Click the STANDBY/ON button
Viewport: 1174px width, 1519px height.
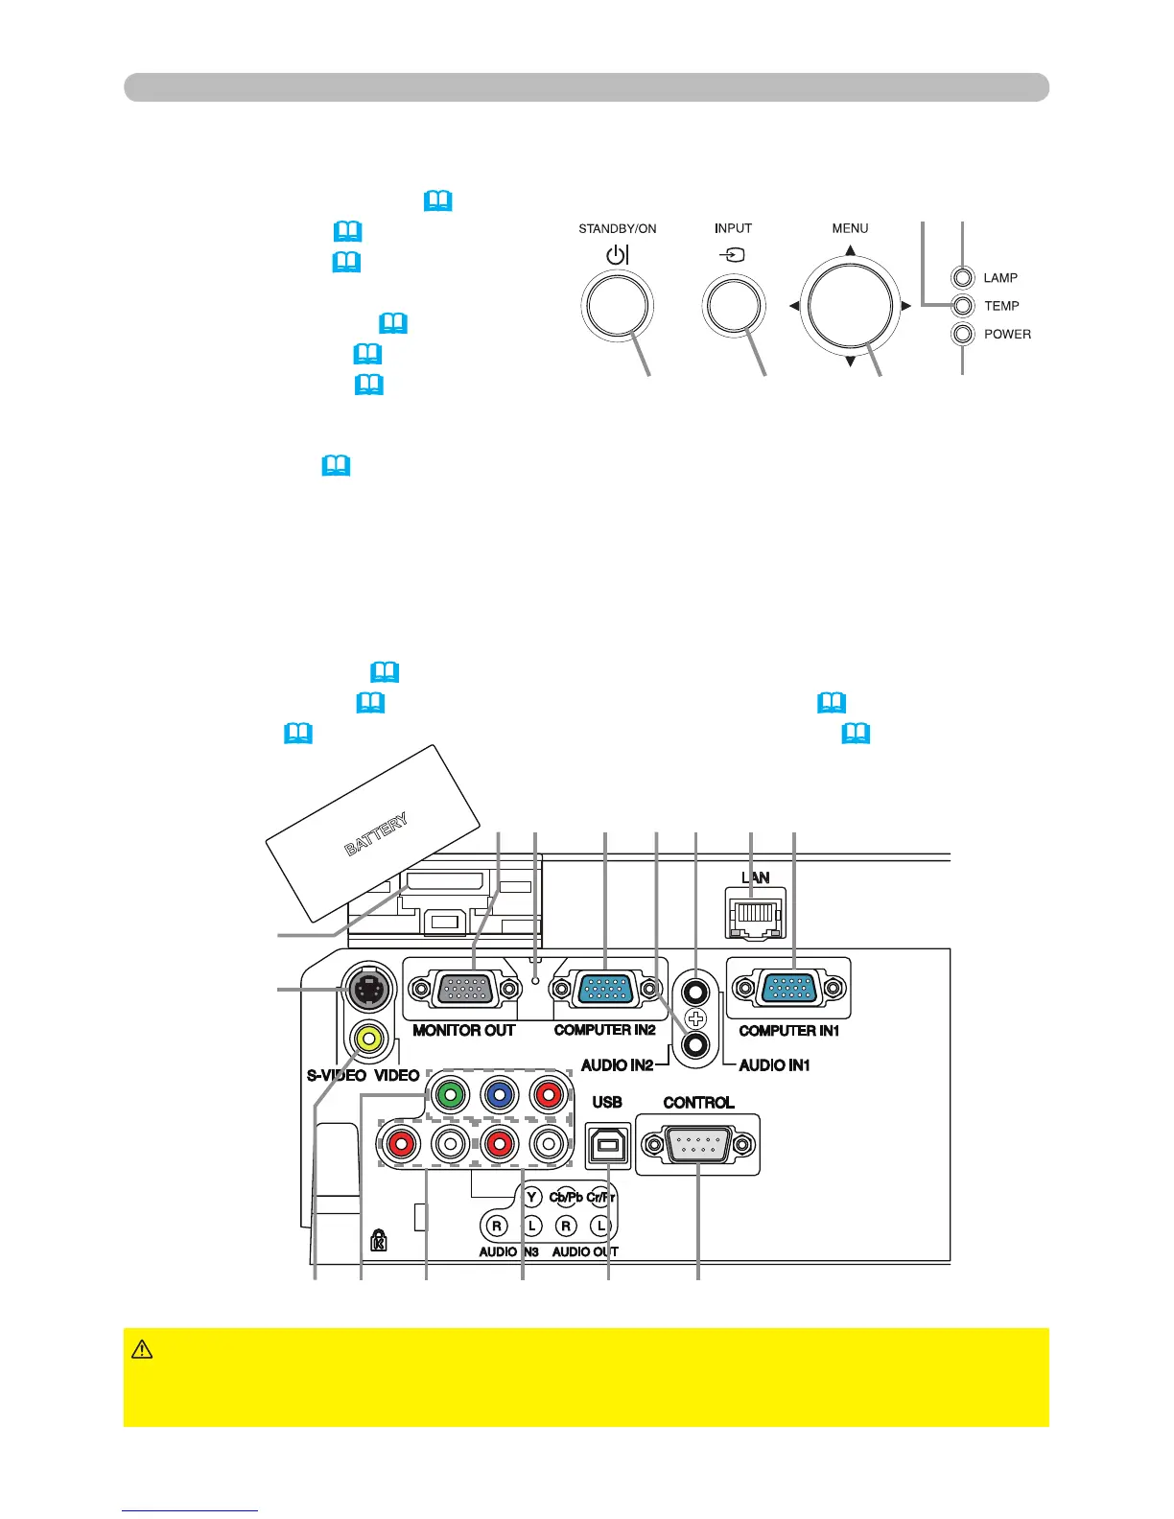click(x=618, y=307)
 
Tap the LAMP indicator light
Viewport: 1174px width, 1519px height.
click(x=963, y=278)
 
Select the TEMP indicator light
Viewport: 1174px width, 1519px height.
click(x=963, y=306)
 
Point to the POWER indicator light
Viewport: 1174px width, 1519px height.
click(x=963, y=334)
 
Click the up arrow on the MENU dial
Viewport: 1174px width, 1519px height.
click(x=850, y=251)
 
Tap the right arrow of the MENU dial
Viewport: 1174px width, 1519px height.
click(x=906, y=307)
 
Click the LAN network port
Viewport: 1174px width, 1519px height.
click(x=756, y=911)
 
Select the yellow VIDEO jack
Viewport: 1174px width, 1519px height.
click(x=368, y=1038)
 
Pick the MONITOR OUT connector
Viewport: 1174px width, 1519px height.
click(x=465, y=988)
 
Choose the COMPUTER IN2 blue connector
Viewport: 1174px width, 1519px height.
click(x=604, y=988)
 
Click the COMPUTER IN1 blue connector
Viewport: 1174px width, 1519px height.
click(x=788, y=988)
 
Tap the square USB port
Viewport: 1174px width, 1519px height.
click(x=608, y=1144)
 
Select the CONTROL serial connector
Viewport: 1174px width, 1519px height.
click(x=698, y=1144)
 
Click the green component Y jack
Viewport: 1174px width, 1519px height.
click(x=449, y=1095)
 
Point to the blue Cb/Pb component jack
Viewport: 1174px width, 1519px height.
click(x=498, y=1095)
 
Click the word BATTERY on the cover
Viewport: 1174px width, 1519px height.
click(x=377, y=833)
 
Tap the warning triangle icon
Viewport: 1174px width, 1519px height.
click(x=142, y=1349)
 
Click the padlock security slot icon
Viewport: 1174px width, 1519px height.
click(x=379, y=1240)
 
